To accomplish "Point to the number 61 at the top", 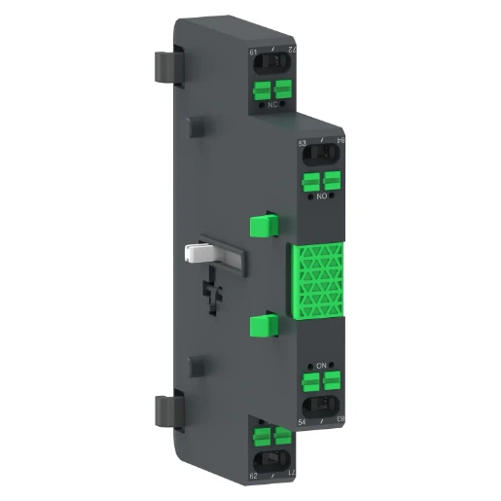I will pos(254,52).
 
